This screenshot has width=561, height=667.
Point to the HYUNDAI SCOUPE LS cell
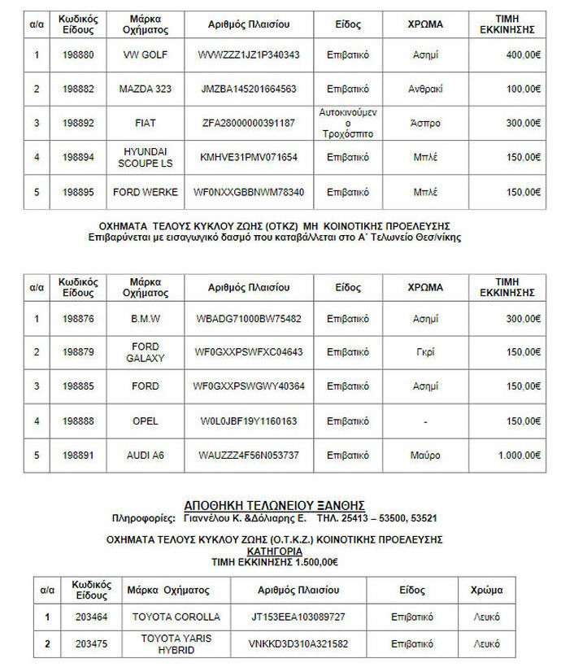(x=145, y=157)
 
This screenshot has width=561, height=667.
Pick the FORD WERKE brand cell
(x=145, y=192)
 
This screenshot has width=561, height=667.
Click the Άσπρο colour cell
(x=426, y=123)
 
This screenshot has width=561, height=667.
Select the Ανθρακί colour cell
(x=426, y=89)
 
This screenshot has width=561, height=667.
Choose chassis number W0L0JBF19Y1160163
(x=249, y=421)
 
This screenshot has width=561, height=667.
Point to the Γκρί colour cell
(x=426, y=352)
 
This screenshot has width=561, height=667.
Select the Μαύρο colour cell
(x=426, y=456)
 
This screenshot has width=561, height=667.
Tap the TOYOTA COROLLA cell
(x=176, y=617)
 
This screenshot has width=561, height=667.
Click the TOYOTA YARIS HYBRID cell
(x=176, y=644)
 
